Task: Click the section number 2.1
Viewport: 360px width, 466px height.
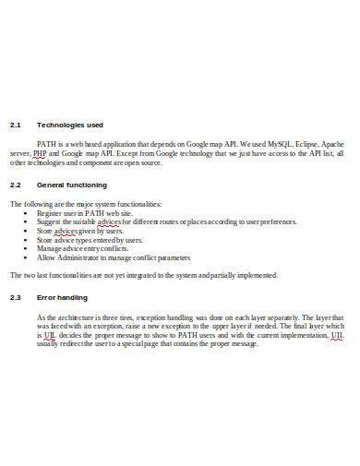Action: [15, 125]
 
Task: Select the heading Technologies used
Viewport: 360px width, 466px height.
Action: [69, 125]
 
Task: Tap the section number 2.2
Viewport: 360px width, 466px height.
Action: [15, 185]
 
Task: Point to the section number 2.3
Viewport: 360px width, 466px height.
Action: [15, 297]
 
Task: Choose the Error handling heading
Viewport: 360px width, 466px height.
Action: [62, 297]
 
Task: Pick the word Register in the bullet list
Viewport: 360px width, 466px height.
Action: [51, 213]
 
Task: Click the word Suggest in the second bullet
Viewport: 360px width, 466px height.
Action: [50, 221]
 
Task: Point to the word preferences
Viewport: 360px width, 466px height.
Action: [275, 221]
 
